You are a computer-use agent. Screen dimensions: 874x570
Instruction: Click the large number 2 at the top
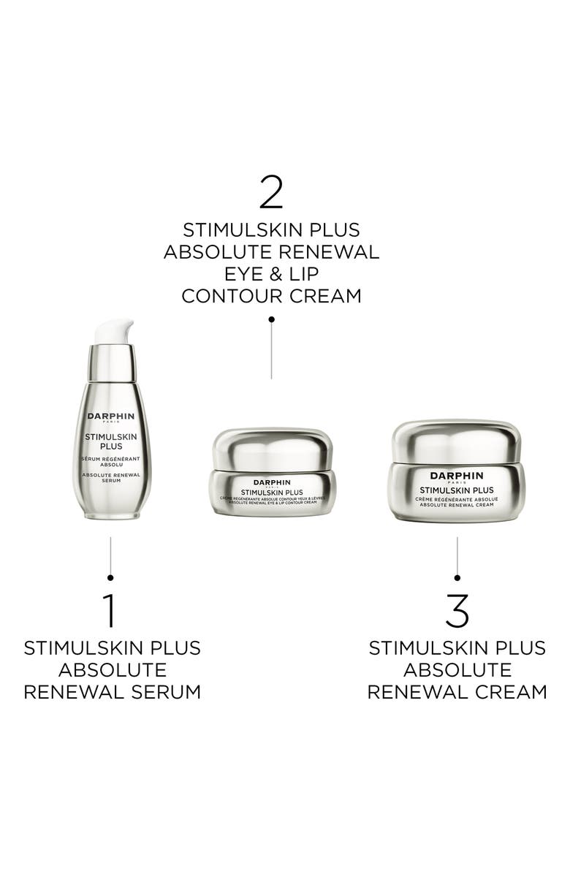click(x=271, y=192)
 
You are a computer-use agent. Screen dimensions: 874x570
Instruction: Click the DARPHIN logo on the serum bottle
click(x=112, y=416)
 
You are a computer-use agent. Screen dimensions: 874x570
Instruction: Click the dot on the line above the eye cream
click(x=271, y=319)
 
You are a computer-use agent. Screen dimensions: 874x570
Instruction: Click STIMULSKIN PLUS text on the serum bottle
click(x=112, y=441)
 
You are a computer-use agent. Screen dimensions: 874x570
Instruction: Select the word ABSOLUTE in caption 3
click(x=457, y=669)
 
